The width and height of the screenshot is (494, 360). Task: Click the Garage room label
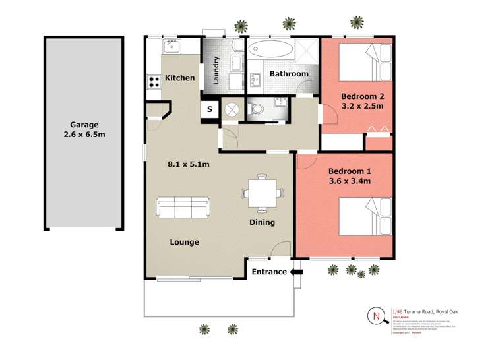84,124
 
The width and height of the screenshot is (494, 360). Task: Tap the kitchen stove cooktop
155,82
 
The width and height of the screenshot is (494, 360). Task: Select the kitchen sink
172,46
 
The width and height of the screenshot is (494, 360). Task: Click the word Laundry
216,70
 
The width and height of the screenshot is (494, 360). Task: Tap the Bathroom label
288,74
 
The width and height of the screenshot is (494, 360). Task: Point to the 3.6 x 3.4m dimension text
350,181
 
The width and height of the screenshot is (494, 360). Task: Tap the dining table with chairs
262,193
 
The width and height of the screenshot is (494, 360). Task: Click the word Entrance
269,272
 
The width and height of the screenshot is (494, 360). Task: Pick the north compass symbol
377,316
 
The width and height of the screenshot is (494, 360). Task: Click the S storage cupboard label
210,109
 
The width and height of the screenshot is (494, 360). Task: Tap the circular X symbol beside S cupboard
232,109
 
